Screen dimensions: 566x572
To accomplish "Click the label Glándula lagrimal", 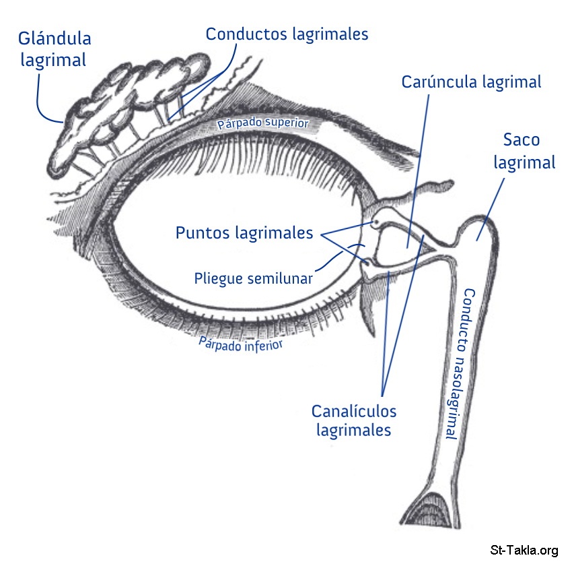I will (55, 49).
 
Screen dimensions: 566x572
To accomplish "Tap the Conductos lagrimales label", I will (287, 34).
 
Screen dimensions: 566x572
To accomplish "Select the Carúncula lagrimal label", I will (471, 82).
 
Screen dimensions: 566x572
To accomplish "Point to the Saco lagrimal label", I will (524, 151).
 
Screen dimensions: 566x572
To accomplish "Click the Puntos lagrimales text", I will (244, 233).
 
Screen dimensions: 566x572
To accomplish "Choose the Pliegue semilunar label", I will (252, 278).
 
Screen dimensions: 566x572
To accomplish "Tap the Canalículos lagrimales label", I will (353, 420).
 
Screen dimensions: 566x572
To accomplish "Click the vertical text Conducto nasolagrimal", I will (458, 364).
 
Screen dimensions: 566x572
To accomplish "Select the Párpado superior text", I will (262, 123).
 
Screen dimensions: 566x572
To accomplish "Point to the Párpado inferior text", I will (240, 344).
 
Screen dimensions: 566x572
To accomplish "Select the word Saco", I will (522, 140).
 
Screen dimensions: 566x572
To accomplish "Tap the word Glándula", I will (55, 38).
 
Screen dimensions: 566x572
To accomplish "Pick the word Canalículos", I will (353, 410).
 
